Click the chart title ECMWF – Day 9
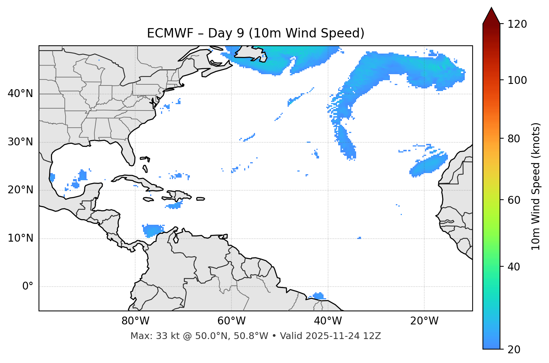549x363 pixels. click(255, 33)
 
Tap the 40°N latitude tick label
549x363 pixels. click(20, 94)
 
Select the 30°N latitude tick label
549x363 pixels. click(20, 142)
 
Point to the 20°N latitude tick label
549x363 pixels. click(20, 190)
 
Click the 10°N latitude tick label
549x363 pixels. click(20, 238)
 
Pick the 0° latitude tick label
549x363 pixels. click(28, 287)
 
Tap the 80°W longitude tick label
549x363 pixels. click(135, 321)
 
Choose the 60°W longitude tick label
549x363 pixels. click(231, 321)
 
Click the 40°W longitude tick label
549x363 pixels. click(328, 321)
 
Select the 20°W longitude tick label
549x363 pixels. click(424, 321)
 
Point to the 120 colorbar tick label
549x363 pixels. click(517, 24)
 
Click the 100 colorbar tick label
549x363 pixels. click(517, 80)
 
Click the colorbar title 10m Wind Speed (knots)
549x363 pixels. click(536, 186)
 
